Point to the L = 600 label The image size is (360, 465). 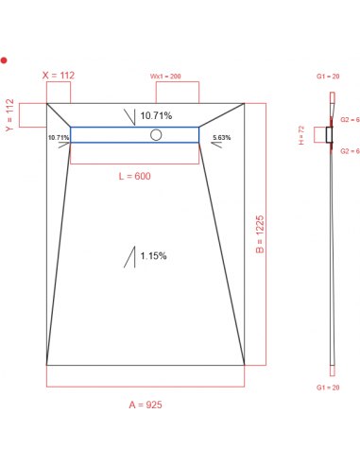[x=134, y=176]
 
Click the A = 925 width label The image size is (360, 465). [x=145, y=405]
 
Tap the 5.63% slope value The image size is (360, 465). [x=222, y=137]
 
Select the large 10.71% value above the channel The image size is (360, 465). [x=157, y=116]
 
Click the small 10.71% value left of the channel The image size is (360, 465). [x=58, y=137]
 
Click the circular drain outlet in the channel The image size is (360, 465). [x=156, y=134]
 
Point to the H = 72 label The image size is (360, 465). [x=301, y=135]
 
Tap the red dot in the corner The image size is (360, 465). [x=5, y=60]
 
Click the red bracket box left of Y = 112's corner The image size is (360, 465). [x=31, y=114]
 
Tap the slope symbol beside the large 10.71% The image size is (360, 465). [x=129, y=116]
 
